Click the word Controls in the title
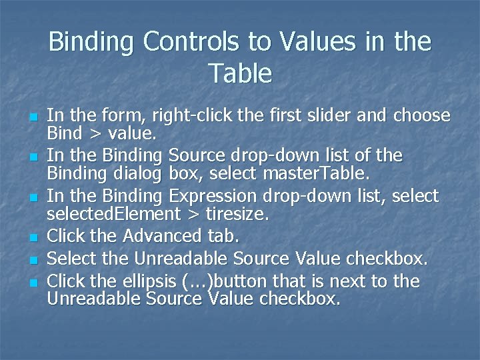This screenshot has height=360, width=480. (x=188, y=42)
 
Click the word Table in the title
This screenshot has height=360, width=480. (x=240, y=73)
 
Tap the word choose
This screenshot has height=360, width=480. (x=422, y=116)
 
